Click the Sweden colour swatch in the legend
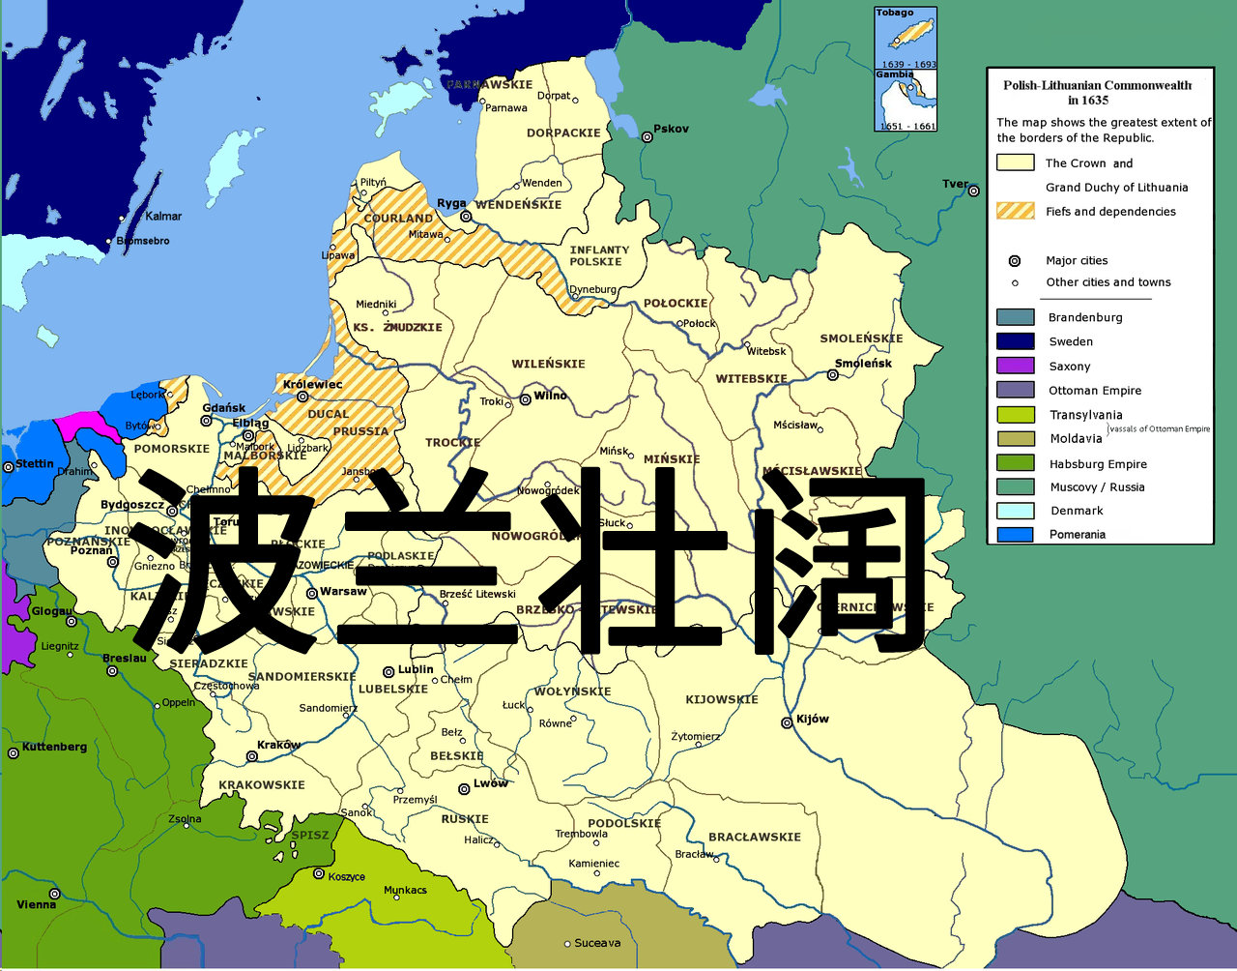pos(1015,340)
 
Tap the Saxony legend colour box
pos(1015,366)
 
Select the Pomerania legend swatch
pos(1015,534)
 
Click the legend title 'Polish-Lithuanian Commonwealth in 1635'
pos(1097,92)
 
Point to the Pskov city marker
pos(647,137)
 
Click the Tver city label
pos(954,184)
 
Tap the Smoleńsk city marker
pos(833,375)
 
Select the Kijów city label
pos(812,719)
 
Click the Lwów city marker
pos(464,789)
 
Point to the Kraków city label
pos(278,745)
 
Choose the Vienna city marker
pos(55,894)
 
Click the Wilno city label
pos(550,396)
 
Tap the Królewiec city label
pos(313,384)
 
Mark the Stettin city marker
pos(9,466)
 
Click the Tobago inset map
pos(906,39)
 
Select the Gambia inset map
pos(906,101)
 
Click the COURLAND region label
pos(398,219)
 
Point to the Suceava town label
pos(597,943)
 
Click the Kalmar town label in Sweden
pos(163,217)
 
